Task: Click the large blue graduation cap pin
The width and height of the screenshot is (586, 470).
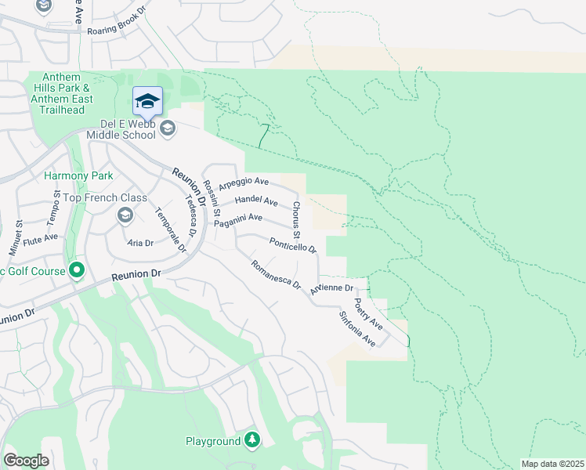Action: (x=147, y=102)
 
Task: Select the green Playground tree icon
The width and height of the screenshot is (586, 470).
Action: (x=251, y=441)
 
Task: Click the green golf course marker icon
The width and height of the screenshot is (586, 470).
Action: (x=76, y=271)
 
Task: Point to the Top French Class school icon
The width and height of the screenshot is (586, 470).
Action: (x=125, y=215)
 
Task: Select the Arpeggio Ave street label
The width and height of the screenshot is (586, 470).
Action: (x=244, y=183)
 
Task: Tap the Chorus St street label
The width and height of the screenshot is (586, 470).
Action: (x=295, y=219)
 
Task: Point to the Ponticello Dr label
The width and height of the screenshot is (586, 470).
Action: (x=292, y=245)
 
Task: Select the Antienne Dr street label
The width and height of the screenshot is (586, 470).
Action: (x=332, y=288)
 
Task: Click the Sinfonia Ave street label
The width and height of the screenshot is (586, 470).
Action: (x=357, y=330)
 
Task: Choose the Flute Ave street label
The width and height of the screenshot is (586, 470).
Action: (x=40, y=237)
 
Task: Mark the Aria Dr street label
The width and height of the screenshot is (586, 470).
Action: (x=139, y=243)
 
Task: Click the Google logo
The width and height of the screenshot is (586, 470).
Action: (x=26, y=461)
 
